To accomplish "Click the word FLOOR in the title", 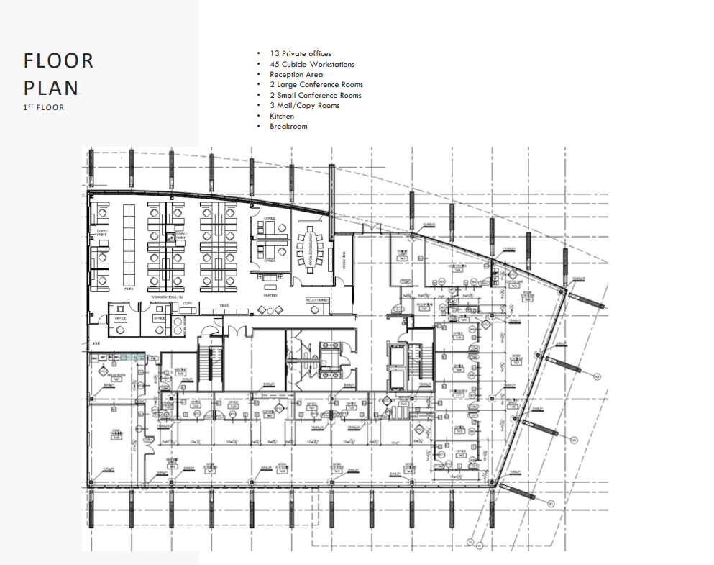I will tap(58, 61).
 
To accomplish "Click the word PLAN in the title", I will tap(51, 88).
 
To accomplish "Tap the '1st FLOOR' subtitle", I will tap(44, 108).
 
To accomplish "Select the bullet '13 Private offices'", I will tap(301, 54).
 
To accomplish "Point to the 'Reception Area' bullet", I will tap(296, 75).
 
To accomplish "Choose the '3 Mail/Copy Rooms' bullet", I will tap(305, 106).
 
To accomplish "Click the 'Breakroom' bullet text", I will tap(288, 127).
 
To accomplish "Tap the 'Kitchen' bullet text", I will tap(282, 116).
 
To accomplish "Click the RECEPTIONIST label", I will tap(317, 299).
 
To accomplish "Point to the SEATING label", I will tap(270, 294).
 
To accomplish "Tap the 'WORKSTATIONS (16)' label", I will tap(166, 296).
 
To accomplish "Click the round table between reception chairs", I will tap(270, 310).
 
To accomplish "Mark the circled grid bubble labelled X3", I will tap(597, 375).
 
